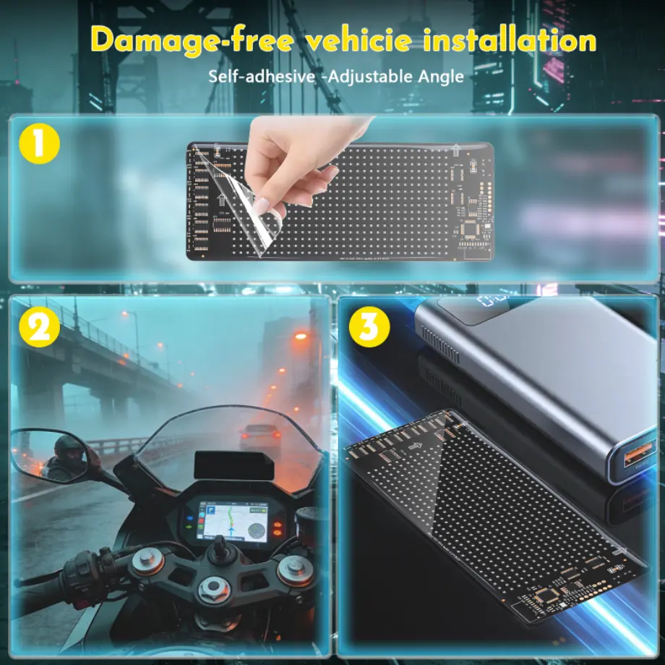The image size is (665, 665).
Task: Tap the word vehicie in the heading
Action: pyautogui.click(x=359, y=41)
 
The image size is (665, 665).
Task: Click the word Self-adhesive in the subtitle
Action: pyautogui.click(x=262, y=77)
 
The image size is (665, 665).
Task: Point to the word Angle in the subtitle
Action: pyautogui.click(x=441, y=77)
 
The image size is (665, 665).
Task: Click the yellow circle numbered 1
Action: pyautogui.click(x=39, y=143)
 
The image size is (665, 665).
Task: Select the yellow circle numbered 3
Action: pyautogui.click(x=369, y=327)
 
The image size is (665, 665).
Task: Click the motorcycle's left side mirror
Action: pyautogui.click(x=50, y=455)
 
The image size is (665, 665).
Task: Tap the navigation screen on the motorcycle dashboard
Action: pyautogui.click(x=235, y=522)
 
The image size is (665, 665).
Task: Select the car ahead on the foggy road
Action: pyautogui.click(x=259, y=436)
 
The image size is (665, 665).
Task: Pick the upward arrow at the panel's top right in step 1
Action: pyautogui.click(x=455, y=150)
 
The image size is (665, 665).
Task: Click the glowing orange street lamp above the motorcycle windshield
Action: pyautogui.click(x=301, y=336)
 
